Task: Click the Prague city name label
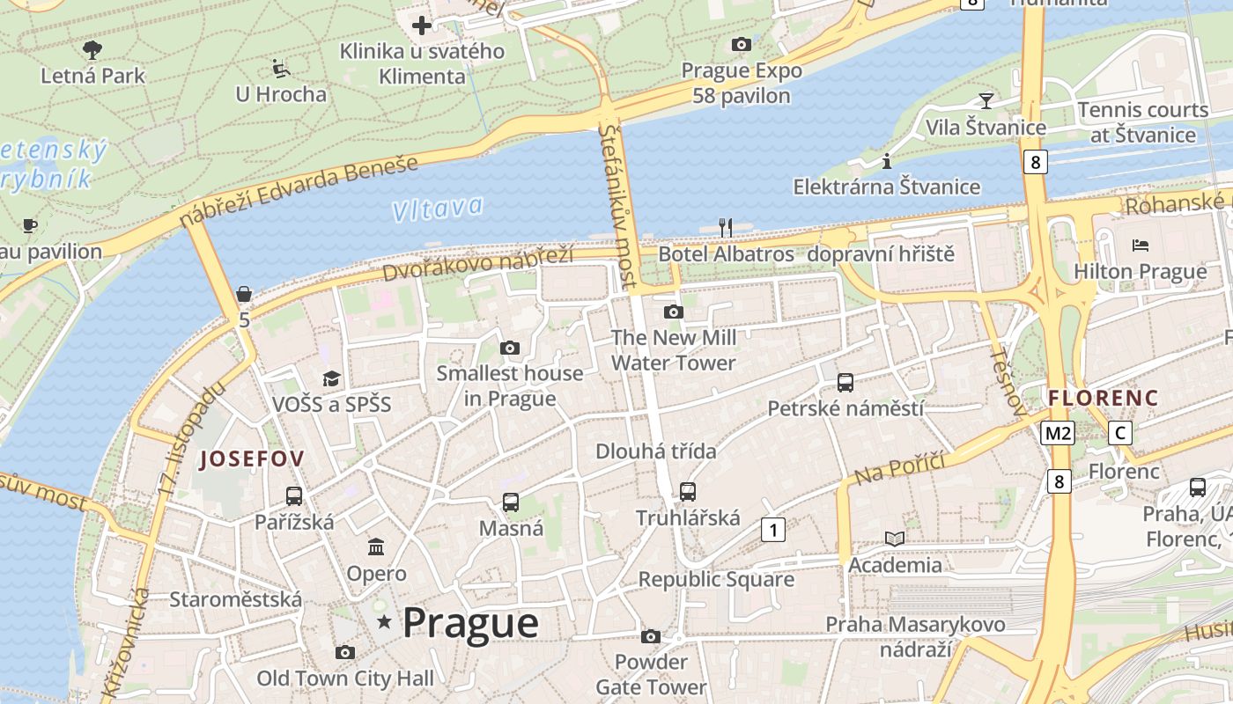pyautogui.click(x=470, y=623)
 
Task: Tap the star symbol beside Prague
pyautogui.click(x=384, y=622)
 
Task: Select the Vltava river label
pyautogui.click(x=438, y=209)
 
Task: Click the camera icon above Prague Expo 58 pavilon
pyautogui.click(x=742, y=44)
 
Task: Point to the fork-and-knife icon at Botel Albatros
pyautogui.click(x=726, y=228)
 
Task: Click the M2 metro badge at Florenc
pyautogui.click(x=1058, y=433)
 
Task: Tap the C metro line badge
pyautogui.click(x=1120, y=433)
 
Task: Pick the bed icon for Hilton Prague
pyautogui.click(x=1141, y=245)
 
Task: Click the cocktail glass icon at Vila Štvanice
pyautogui.click(x=986, y=100)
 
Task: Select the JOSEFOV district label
pyautogui.click(x=252, y=458)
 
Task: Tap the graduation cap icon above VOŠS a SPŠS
pyautogui.click(x=331, y=378)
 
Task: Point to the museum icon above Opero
pyautogui.click(x=376, y=547)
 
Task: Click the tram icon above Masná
pyautogui.click(x=511, y=502)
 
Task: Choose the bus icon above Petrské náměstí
pyautogui.click(x=845, y=383)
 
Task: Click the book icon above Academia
pyautogui.click(x=895, y=539)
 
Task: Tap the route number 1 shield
pyautogui.click(x=772, y=530)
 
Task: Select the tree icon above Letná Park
pyautogui.click(x=92, y=49)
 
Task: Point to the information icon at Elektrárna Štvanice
pyautogui.click(x=886, y=161)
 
